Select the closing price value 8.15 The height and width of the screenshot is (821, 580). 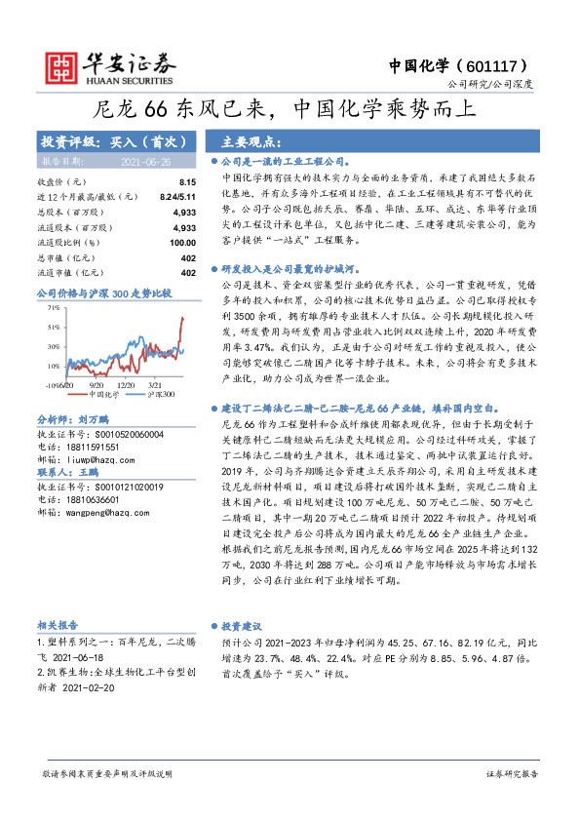click(187, 182)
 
